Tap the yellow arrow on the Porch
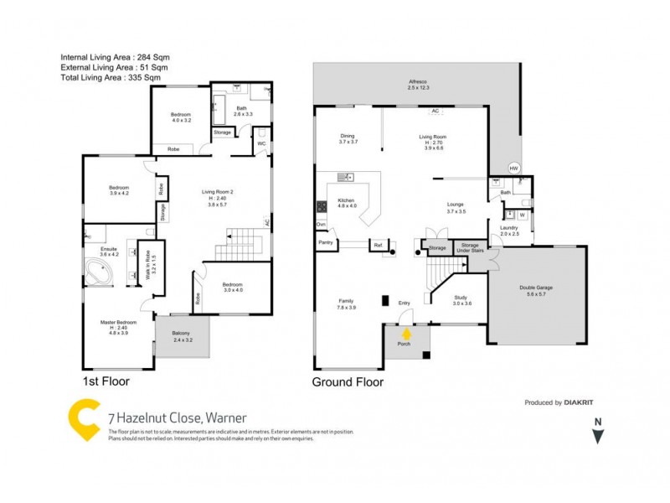pyautogui.click(x=407, y=333)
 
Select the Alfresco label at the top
pyautogui.click(x=418, y=80)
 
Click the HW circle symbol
pyautogui.click(x=514, y=168)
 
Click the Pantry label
pyautogui.click(x=327, y=244)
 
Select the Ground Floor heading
pyautogui.click(x=348, y=382)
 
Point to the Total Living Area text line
pyautogui.click(x=111, y=77)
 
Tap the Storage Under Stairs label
pyautogui.click(x=471, y=248)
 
